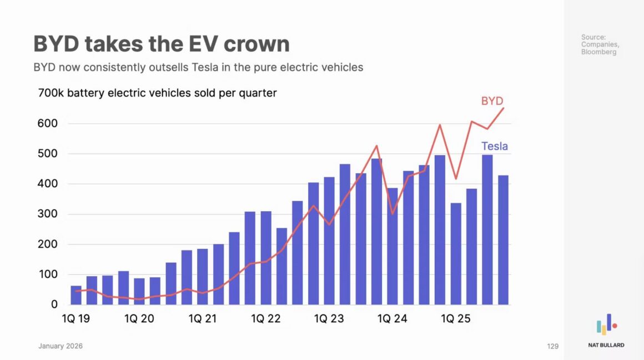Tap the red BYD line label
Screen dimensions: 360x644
(492, 101)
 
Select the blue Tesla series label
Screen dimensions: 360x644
(494, 147)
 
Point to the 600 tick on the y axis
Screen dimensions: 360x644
(47, 123)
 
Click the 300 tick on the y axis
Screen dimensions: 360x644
(47, 214)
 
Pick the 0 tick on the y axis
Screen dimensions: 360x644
(54, 304)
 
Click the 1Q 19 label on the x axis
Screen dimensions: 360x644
(76, 319)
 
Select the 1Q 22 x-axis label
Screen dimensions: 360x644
(266, 319)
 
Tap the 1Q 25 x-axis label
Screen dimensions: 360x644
(455, 319)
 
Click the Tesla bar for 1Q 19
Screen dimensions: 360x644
(76, 296)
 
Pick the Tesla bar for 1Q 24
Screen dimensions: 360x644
(393, 246)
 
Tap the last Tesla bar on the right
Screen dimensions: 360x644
(503, 240)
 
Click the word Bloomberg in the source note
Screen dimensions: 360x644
(598, 52)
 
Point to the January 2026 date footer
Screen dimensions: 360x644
(61, 346)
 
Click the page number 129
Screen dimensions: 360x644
(552, 346)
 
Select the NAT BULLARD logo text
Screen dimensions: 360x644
(606, 345)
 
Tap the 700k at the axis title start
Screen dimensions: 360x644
(51, 93)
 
